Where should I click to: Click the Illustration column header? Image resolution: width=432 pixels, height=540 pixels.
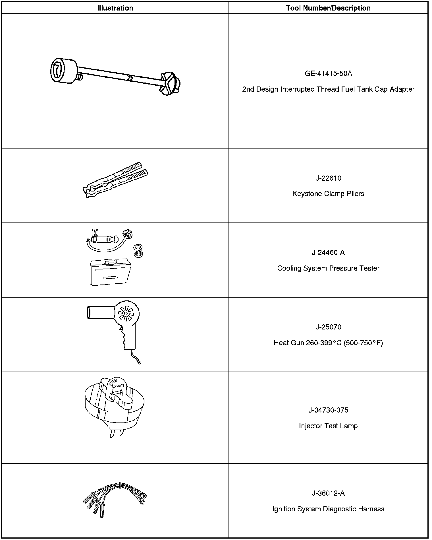point(115,8)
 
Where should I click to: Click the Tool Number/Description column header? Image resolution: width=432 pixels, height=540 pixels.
point(328,8)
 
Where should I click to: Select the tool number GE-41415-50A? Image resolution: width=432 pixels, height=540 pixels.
point(328,74)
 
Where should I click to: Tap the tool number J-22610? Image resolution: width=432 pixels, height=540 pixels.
point(328,178)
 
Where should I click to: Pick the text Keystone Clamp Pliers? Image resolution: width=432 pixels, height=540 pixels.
point(328,194)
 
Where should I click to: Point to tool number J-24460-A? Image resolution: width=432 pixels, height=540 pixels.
point(328,253)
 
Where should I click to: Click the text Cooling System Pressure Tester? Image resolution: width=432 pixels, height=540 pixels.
point(328,268)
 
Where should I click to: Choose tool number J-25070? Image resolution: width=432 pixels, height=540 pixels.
point(328,327)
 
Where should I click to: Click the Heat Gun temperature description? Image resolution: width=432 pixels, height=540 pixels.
point(328,343)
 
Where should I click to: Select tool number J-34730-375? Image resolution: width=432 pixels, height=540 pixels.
point(328,410)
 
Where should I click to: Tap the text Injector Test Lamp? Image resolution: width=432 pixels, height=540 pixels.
point(328,426)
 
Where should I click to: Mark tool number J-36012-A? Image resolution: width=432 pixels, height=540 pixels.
point(328,493)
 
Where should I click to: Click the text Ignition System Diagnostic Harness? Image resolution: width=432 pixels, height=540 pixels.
point(328,509)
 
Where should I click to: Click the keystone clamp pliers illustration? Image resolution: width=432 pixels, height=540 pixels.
point(115,180)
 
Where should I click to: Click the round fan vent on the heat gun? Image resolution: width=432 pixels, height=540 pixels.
point(126,314)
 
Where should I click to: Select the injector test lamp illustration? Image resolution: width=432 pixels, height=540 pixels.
point(114,407)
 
